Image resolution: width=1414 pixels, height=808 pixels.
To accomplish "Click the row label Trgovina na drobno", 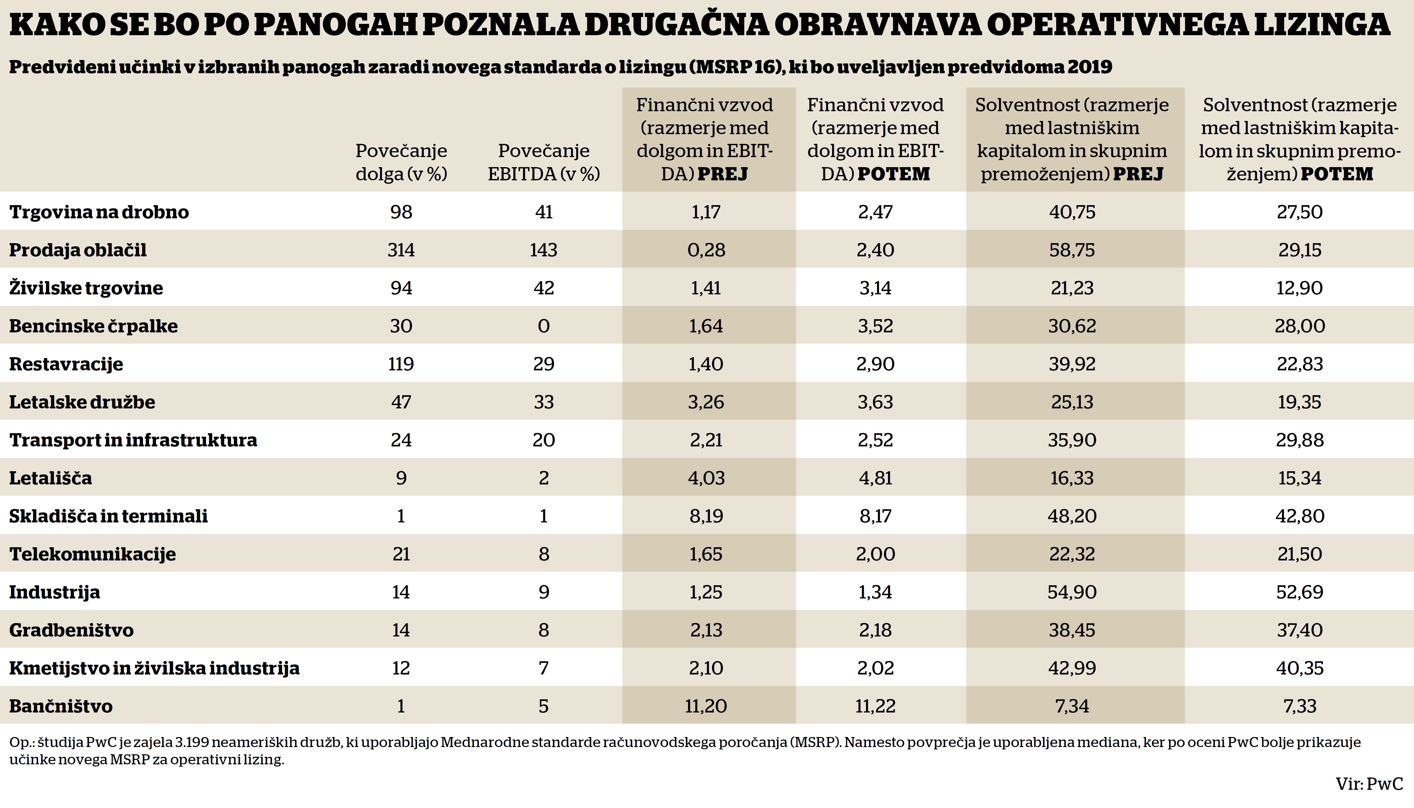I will tap(99, 212).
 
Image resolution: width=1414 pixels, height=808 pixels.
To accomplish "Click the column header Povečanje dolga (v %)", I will tap(401, 162).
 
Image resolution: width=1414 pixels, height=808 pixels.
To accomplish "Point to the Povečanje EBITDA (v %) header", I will tap(544, 162).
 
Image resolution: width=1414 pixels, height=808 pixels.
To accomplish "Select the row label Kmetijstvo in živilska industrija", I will tap(154, 668).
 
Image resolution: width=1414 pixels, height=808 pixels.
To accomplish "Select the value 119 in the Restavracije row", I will tap(401, 364).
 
